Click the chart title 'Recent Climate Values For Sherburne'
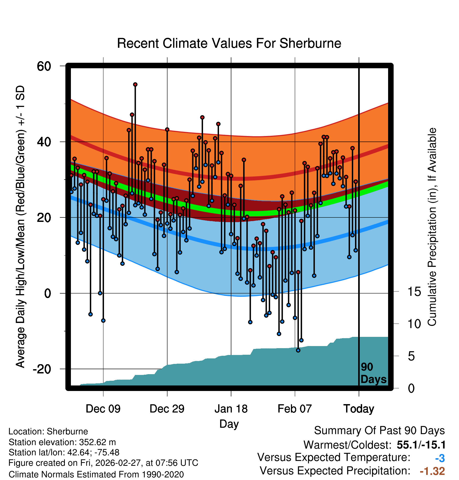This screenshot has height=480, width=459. click(229, 43)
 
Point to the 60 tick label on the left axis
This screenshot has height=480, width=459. click(44, 66)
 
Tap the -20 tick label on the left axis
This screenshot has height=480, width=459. click(42, 369)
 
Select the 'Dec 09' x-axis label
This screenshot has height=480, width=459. click(103, 409)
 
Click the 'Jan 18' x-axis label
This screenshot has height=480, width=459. click(231, 409)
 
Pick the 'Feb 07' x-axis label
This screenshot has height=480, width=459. click(295, 409)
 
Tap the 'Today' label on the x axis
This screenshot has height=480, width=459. click(359, 409)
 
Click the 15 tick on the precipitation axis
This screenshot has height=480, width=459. click(414, 292)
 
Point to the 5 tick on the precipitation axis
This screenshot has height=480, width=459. click(411, 356)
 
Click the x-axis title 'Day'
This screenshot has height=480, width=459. click(229, 424)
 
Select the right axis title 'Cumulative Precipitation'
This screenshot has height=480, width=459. click(432, 227)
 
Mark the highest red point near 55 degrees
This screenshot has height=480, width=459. click(135, 85)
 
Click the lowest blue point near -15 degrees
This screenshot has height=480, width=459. click(298, 350)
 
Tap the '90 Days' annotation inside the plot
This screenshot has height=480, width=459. click(373, 373)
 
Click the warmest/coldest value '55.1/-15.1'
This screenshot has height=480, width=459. click(421, 445)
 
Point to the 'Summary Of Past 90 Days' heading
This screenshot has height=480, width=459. click(379, 431)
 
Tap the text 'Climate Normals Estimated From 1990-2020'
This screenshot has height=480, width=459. click(96, 474)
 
